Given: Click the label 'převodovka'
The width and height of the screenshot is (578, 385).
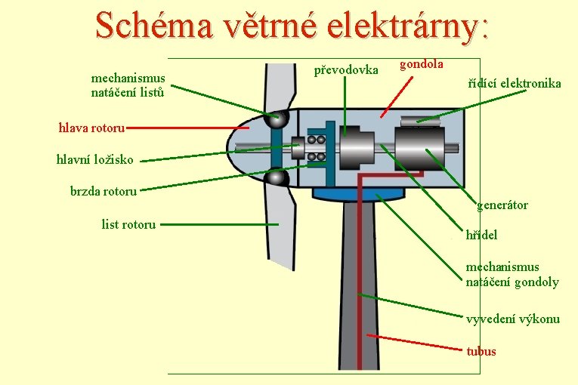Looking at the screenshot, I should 346,70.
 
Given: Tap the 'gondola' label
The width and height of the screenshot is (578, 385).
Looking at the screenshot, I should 421,64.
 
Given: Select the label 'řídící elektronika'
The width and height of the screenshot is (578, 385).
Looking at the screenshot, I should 515,84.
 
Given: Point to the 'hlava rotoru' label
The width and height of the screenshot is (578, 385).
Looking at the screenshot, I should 91,128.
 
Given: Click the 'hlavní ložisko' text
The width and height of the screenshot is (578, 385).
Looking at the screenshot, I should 95,159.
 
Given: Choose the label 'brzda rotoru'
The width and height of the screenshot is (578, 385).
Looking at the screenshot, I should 104,191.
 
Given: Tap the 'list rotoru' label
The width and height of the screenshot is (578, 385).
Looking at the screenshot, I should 128,224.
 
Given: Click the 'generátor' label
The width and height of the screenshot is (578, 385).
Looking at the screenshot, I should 502,205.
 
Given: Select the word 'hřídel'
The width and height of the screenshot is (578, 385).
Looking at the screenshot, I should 481,235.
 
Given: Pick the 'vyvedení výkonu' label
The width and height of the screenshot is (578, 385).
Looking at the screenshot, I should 513,319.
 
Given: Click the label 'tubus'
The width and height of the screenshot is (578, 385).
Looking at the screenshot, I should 481,351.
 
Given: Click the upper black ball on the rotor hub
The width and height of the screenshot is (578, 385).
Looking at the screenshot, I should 277,119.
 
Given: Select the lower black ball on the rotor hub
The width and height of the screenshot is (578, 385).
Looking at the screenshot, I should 277,177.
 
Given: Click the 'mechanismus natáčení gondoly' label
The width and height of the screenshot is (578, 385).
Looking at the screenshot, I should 512,275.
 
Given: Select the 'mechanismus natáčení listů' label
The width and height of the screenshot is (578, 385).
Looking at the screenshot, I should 128,85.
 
